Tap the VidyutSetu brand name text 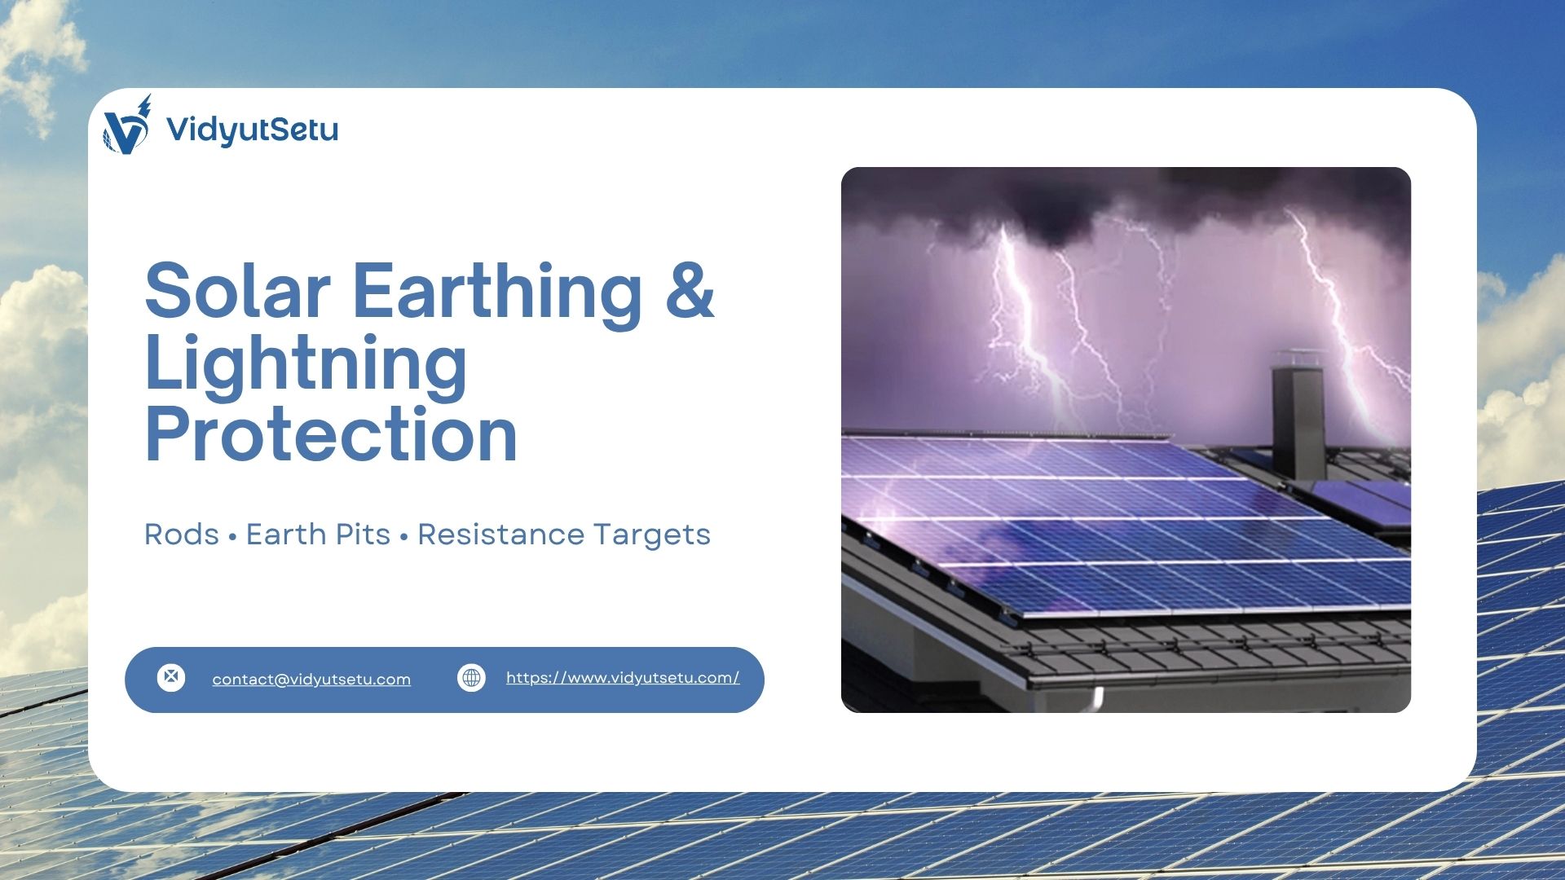point(252,130)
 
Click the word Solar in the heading point(237,291)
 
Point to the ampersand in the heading point(690,291)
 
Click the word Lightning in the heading point(306,364)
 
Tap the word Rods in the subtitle point(181,535)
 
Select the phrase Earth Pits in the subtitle point(318,535)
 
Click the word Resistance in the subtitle point(500,535)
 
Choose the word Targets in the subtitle point(651,535)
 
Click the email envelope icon point(171,677)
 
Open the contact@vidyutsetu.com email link point(311,680)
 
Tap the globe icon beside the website point(471,677)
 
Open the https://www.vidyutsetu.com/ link point(623,678)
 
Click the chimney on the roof point(1298,416)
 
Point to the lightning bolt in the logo point(145,106)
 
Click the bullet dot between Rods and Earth point(232,537)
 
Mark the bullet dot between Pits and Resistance point(403,537)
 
